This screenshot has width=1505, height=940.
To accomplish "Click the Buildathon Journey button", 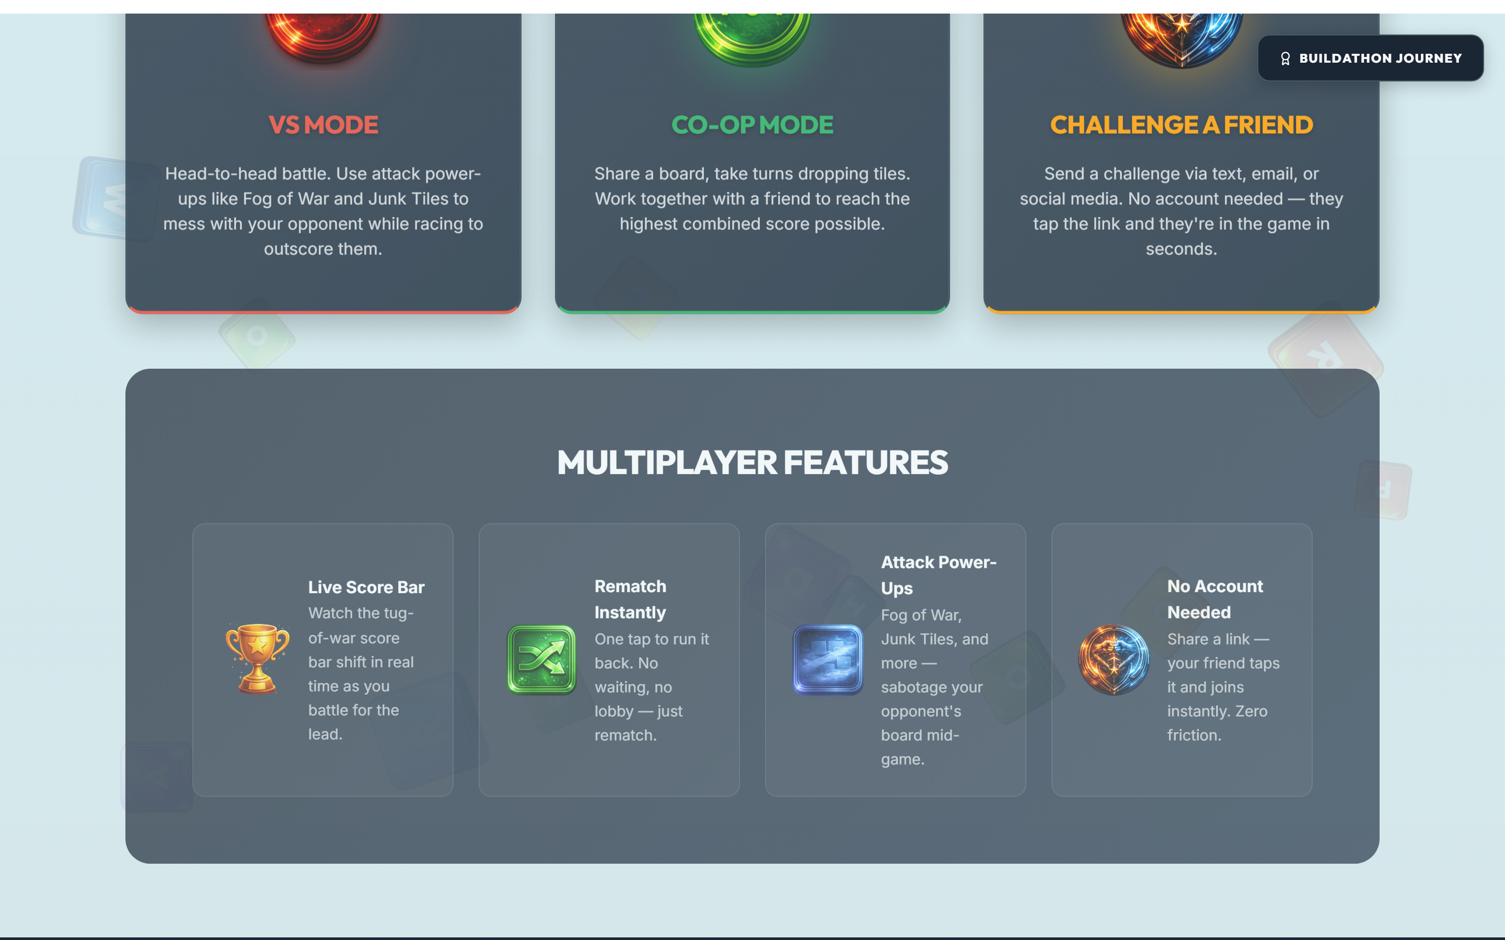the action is (1371, 58).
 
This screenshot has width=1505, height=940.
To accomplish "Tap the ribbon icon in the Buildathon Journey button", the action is (1286, 58).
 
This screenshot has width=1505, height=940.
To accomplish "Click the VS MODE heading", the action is (323, 125).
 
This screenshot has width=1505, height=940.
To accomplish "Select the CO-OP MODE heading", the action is (752, 125).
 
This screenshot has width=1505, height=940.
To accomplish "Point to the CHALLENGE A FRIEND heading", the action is (1182, 125).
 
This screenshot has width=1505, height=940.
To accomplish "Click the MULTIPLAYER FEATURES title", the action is (752, 463).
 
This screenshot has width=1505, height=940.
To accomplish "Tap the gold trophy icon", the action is (258, 659).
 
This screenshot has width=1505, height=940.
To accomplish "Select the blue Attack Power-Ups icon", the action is (828, 660).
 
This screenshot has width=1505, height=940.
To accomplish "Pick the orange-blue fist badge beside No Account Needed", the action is (1114, 660).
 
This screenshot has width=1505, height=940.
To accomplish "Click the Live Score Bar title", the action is (366, 587).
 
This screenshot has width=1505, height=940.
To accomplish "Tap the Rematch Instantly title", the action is (631, 600).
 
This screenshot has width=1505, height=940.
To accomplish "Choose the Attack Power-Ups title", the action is (939, 575).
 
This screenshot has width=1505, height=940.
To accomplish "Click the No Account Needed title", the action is (1215, 600).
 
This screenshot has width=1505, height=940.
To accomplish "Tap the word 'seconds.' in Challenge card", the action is (1182, 249).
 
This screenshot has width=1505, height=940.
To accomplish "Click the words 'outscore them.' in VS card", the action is (323, 249).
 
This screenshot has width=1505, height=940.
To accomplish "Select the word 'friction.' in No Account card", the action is (1195, 735).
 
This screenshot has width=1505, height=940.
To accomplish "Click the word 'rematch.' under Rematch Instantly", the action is (626, 735).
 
